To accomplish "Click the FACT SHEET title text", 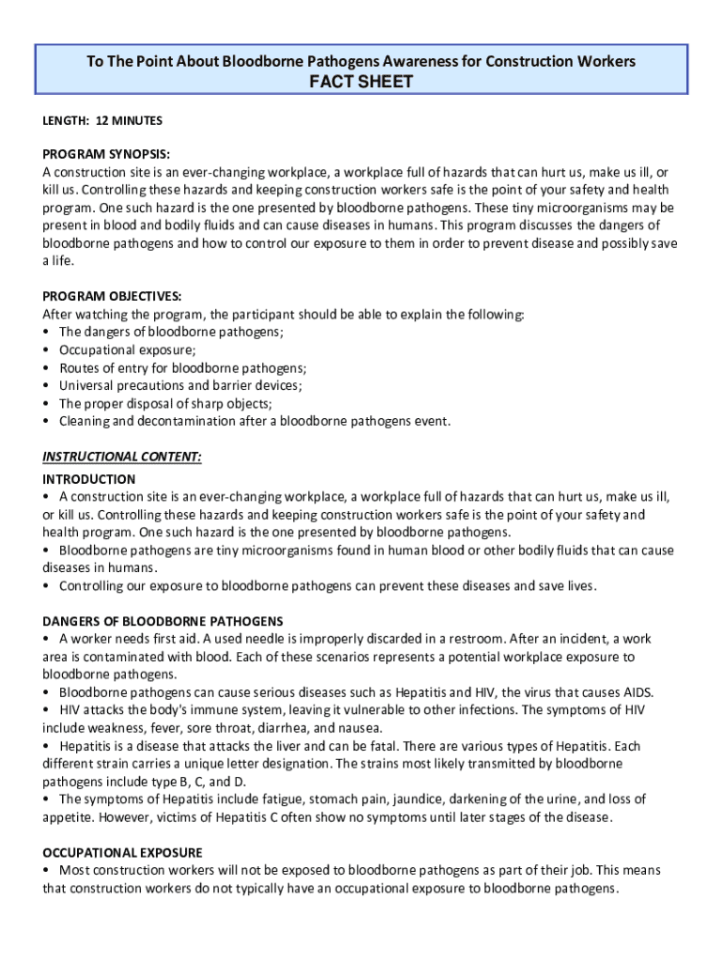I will coord(361,83).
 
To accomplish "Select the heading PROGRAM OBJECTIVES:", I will coord(112,296).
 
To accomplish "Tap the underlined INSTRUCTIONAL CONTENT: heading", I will coord(122,458).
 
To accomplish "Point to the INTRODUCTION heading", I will coord(89,479).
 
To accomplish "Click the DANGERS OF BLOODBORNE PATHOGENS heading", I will coord(162,621).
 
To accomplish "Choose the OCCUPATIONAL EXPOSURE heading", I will coord(122,853).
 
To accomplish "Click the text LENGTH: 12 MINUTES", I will coord(102,120).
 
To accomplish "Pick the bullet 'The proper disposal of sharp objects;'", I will coord(166,404).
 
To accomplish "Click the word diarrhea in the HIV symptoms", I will coord(298,728).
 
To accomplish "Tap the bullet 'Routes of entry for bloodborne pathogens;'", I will coord(183,368).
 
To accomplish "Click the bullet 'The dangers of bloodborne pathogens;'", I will coord(171,333).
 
